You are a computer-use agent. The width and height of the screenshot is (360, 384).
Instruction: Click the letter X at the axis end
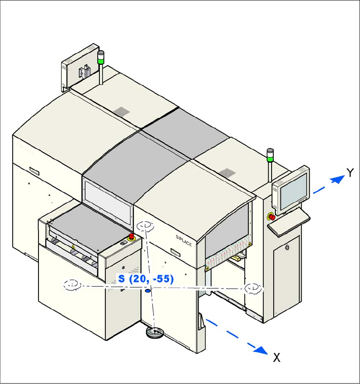click(277, 358)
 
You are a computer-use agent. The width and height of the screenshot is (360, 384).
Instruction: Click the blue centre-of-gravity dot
click(148, 291)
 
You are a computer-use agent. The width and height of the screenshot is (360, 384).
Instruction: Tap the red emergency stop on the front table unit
click(132, 236)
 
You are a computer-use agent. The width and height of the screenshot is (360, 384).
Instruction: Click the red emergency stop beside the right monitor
click(271, 217)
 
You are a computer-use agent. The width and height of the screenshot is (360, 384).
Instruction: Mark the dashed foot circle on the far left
click(72, 285)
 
